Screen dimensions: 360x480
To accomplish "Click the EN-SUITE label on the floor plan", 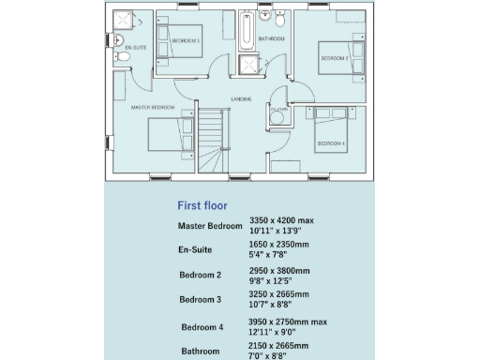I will pyautogui.click(x=135, y=45).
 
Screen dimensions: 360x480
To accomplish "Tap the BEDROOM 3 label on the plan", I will pyautogui.click(x=186, y=40).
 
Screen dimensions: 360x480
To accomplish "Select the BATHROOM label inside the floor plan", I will pyautogui.click(x=272, y=38).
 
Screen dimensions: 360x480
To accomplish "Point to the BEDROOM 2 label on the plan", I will pyautogui.click(x=334, y=58).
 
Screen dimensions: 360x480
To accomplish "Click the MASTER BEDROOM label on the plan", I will pyautogui.click(x=153, y=107).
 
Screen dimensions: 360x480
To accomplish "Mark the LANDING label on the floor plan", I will pyautogui.click(x=241, y=98).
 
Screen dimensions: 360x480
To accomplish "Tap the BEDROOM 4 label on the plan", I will pyautogui.click(x=330, y=143).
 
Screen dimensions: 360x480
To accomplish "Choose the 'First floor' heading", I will pyautogui.click(x=202, y=204).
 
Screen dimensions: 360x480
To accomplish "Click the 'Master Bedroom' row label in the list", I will pyautogui.click(x=210, y=227).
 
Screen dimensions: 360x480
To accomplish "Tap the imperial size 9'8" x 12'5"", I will pyautogui.click(x=273, y=279).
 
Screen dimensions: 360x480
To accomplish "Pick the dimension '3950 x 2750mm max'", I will pyautogui.click(x=288, y=321).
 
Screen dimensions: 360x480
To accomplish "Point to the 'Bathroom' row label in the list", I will pyautogui.click(x=201, y=352).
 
